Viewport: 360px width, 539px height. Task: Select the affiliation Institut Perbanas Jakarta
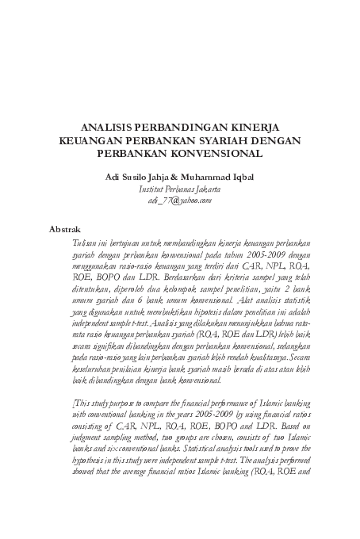[x=179, y=192]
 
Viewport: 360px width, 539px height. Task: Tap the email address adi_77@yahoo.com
[x=179, y=203]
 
